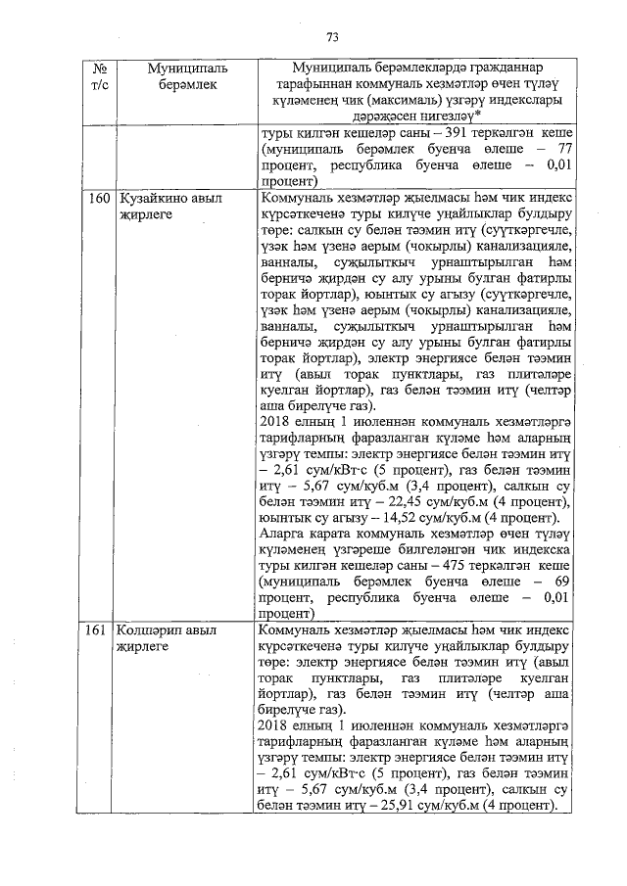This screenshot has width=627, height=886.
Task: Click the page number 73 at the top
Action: pyautogui.click(x=332, y=37)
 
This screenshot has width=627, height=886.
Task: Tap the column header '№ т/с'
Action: pyautogui.click(x=98, y=78)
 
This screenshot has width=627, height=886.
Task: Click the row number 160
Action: pyautogui.click(x=98, y=198)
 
